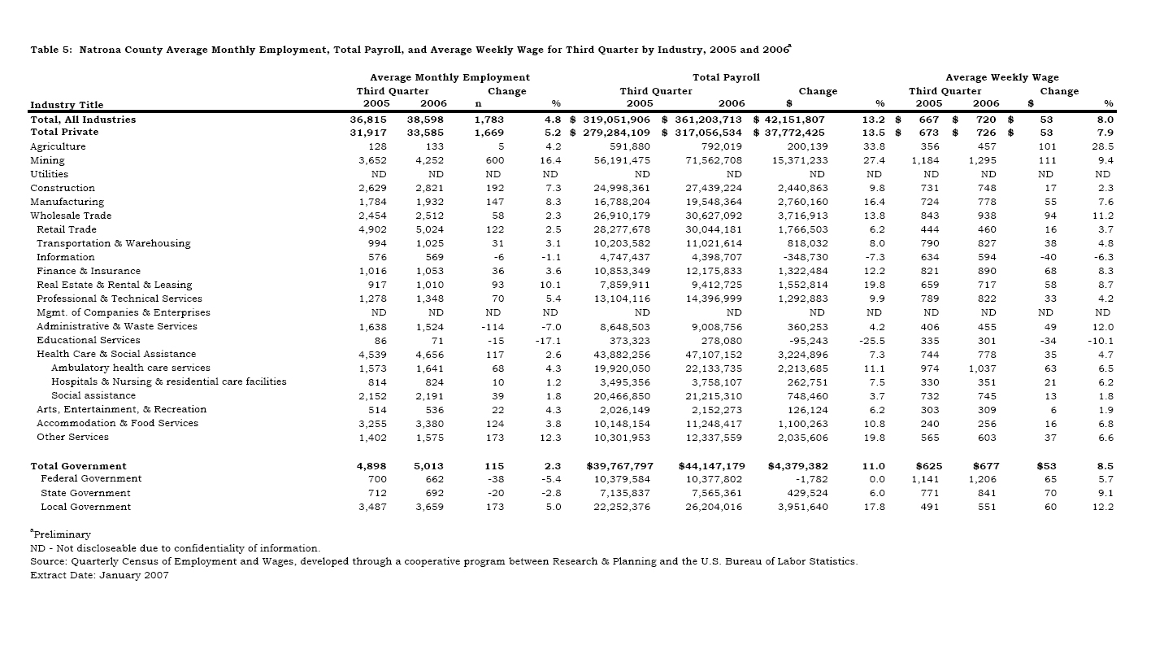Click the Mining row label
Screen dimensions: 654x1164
click(47, 160)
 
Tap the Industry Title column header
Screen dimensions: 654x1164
click(67, 104)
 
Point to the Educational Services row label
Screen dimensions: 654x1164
click(88, 340)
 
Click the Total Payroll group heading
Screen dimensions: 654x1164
click(726, 77)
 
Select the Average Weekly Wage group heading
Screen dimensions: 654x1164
click(1001, 77)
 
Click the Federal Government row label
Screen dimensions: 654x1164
click(91, 478)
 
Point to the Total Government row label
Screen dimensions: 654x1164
click(78, 466)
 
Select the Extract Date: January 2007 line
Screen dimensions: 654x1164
click(99, 575)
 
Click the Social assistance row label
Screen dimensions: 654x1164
click(93, 395)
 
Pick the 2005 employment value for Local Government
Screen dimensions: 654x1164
click(373, 507)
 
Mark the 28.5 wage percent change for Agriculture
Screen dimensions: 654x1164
click(1101, 146)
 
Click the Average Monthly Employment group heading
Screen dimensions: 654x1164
click(450, 77)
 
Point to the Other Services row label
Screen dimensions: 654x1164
click(72, 437)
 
